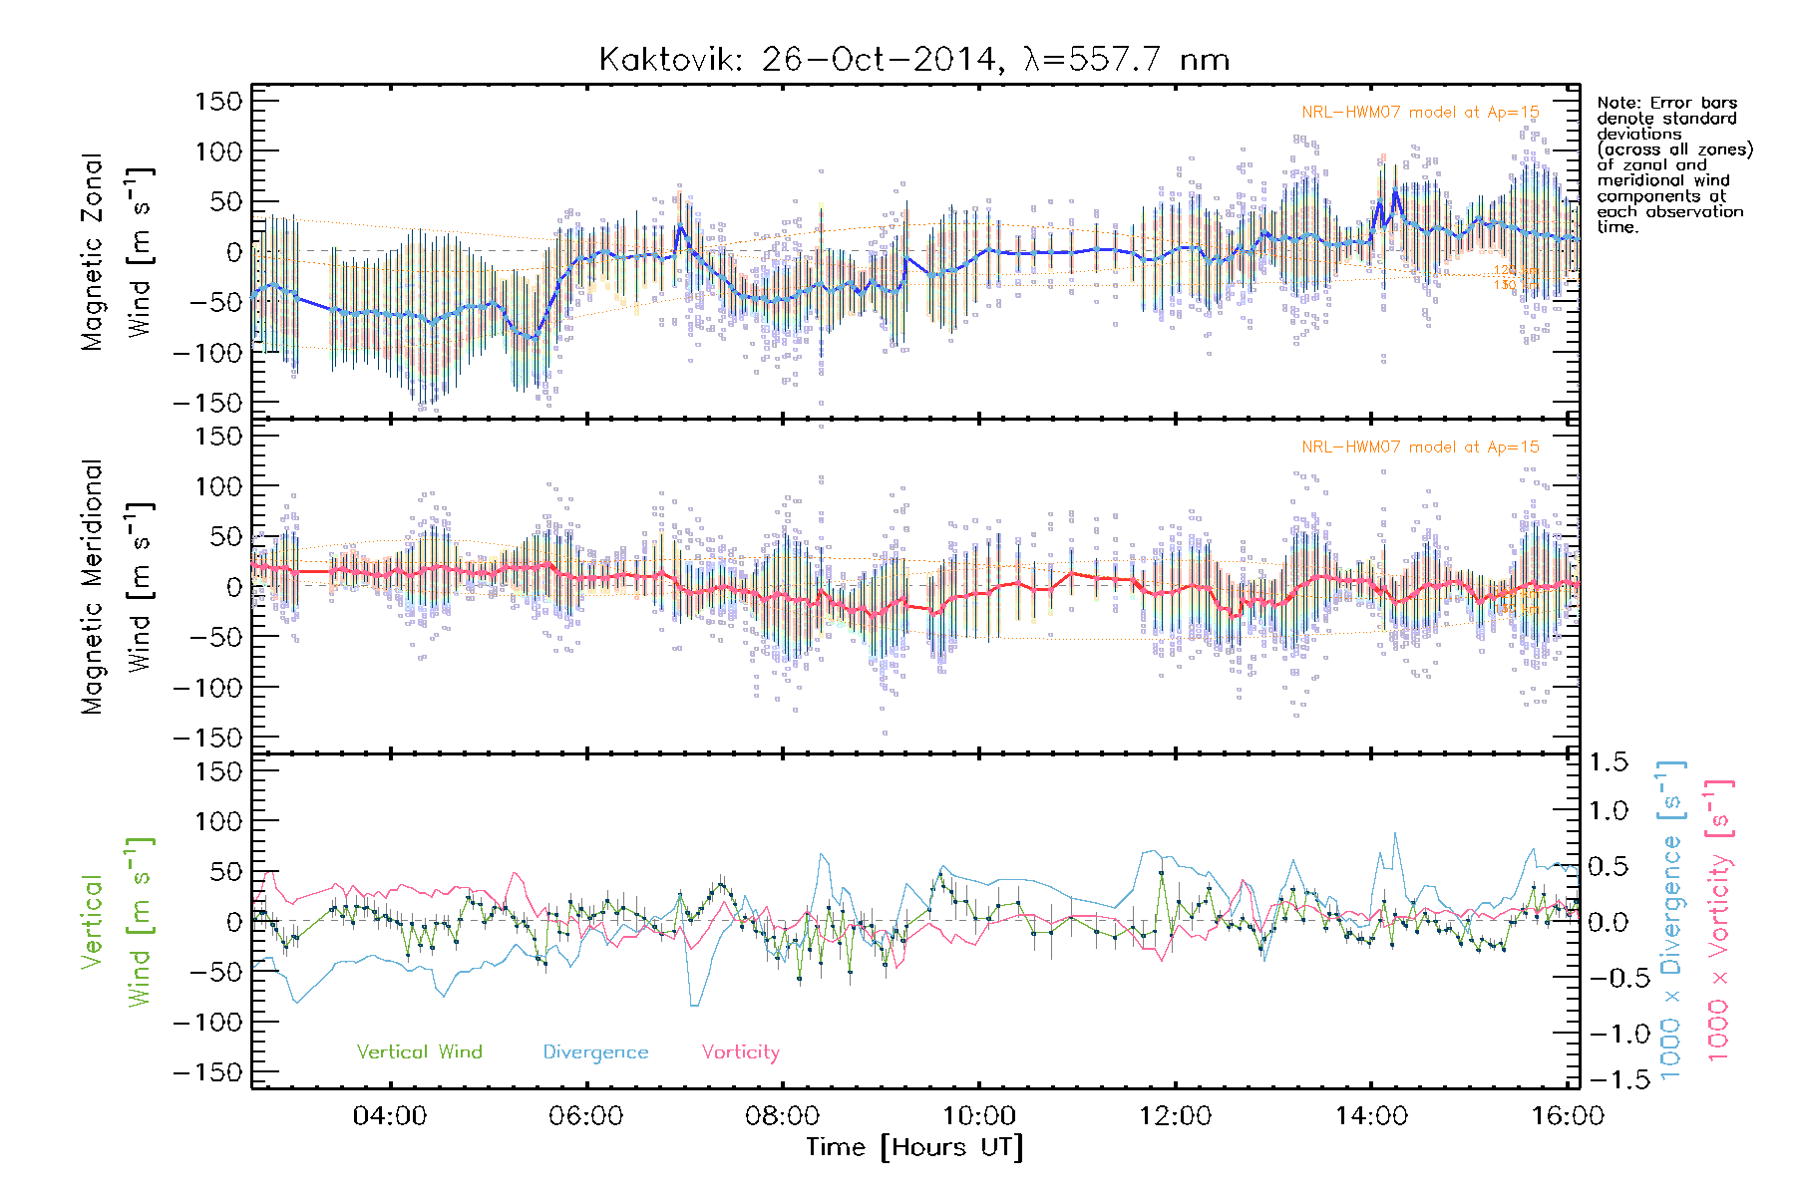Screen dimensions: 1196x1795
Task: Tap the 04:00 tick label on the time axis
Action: (x=390, y=1115)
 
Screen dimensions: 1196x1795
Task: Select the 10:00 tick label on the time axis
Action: (x=979, y=1115)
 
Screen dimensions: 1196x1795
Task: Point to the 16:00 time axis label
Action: (x=1568, y=1115)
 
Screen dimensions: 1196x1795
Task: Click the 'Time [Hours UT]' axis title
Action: (x=914, y=1147)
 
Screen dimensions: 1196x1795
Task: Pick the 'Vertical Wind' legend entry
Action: (x=419, y=1051)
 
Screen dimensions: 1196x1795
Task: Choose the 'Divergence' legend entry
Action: (x=595, y=1051)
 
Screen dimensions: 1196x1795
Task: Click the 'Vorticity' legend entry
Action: (x=740, y=1051)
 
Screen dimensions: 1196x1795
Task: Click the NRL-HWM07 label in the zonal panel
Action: (x=1420, y=113)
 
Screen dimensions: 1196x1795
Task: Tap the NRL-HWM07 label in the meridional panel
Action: (x=1420, y=448)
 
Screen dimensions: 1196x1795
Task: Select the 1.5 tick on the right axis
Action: (x=1608, y=762)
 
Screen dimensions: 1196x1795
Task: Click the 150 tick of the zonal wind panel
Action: (x=219, y=101)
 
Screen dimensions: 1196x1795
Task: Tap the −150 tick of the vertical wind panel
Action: (x=208, y=1072)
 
